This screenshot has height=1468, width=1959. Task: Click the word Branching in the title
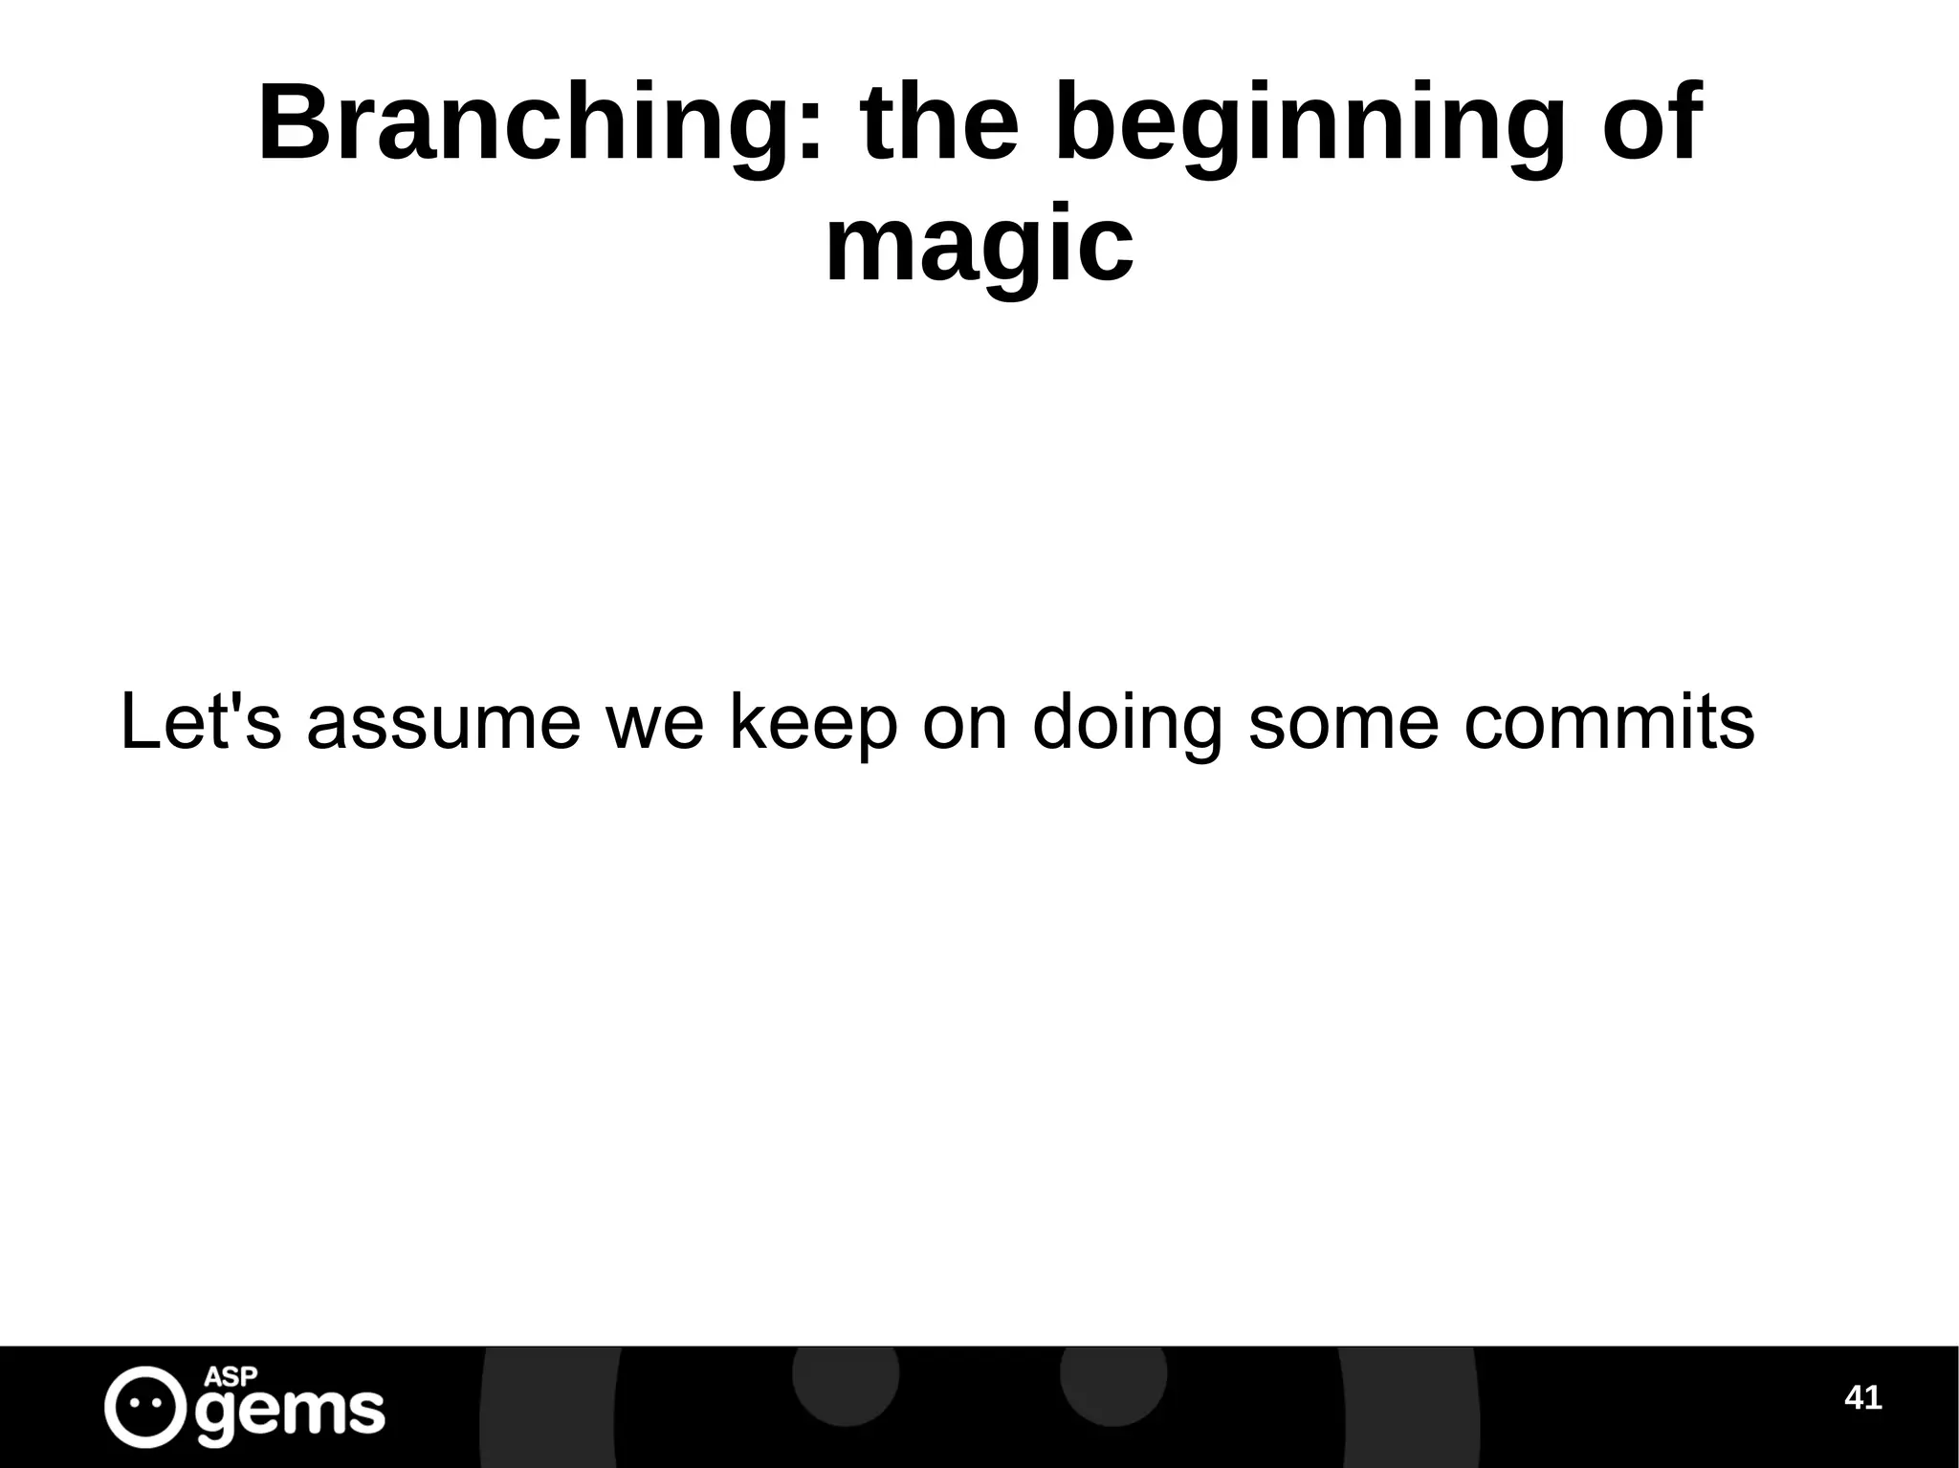[x=526, y=124]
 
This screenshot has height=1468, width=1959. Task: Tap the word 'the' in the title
[x=940, y=124]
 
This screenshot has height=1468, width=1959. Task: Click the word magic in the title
[x=979, y=247]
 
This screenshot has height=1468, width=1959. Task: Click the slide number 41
[x=1862, y=1398]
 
